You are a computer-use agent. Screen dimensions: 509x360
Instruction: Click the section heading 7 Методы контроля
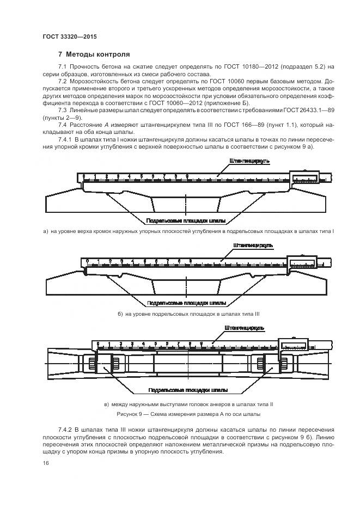click(94, 54)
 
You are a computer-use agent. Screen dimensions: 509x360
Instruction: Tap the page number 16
click(46, 463)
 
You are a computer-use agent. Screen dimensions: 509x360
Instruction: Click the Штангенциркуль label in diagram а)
click(249, 161)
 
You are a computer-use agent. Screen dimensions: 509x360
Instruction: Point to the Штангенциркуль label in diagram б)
click(252, 246)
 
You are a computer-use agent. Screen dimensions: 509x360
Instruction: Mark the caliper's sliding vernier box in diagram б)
click(303, 262)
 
